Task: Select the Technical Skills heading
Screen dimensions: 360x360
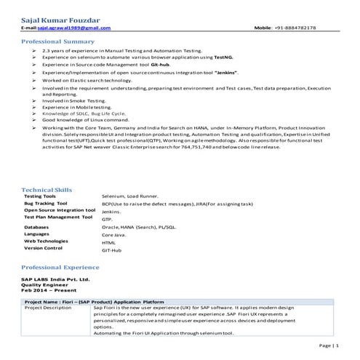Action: coord(47,190)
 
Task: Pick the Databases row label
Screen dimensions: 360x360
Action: coord(36,227)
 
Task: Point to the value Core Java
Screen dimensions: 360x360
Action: coord(115,235)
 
